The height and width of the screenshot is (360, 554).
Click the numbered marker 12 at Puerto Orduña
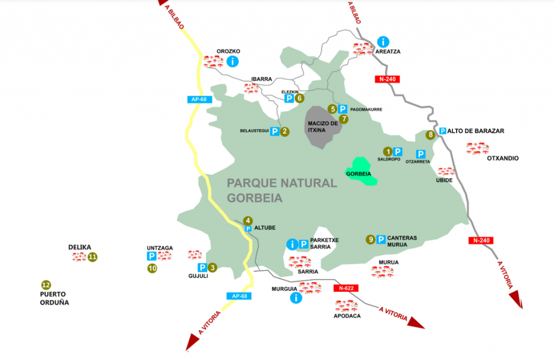click(x=46, y=285)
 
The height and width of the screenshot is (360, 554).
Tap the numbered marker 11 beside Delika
click(x=93, y=257)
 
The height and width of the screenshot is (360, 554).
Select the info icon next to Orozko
click(x=233, y=61)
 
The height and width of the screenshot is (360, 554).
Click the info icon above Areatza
click(x=383, y=42)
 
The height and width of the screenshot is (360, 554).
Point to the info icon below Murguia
click(x=296, y=298)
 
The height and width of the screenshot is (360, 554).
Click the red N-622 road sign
click(x=346, y=288)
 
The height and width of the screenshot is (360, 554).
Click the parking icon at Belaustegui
click(x=275, y=131)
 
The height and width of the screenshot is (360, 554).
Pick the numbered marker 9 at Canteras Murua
click(x=371, y=239)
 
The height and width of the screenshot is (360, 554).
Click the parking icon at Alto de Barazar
click(x=443, y=130)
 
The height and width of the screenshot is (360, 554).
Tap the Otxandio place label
click(x=503, y=159)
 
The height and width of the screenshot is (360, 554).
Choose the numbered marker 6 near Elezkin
click(x=300, y=99)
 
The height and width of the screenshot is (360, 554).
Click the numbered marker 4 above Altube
click(x=248, y=220)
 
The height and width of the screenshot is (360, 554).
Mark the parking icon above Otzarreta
click(x=420, y=154)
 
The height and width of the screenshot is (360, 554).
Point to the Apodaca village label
click(x=347, y=316)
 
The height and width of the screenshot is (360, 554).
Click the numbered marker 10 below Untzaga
click(x=152, y=268)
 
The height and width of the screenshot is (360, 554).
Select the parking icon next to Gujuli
click(x=202, y=267)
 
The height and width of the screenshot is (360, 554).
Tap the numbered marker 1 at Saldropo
click(x=387, y=152)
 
